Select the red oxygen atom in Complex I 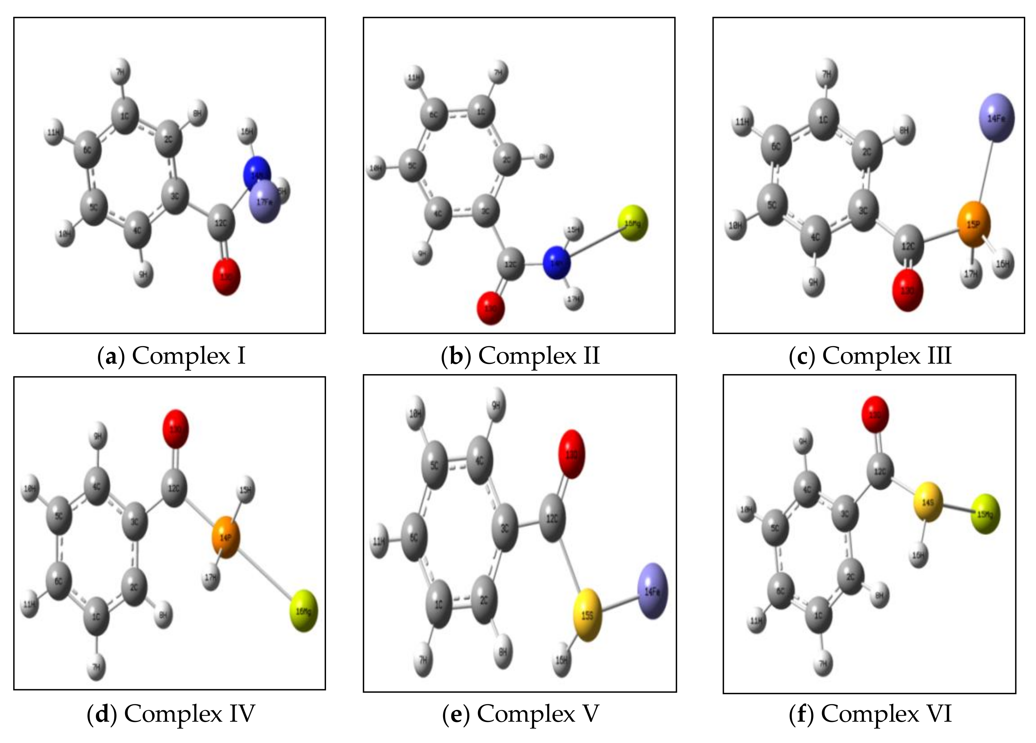[227, 277]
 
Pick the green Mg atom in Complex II [633, 223]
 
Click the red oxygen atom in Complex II [491, 308]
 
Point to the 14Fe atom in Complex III [996, 118]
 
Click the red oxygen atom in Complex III [908, 290]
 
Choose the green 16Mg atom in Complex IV [303, 610]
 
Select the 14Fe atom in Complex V [652, 591]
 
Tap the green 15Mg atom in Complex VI [986, 514]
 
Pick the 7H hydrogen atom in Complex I [121, 71]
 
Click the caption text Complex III [887, 355]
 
